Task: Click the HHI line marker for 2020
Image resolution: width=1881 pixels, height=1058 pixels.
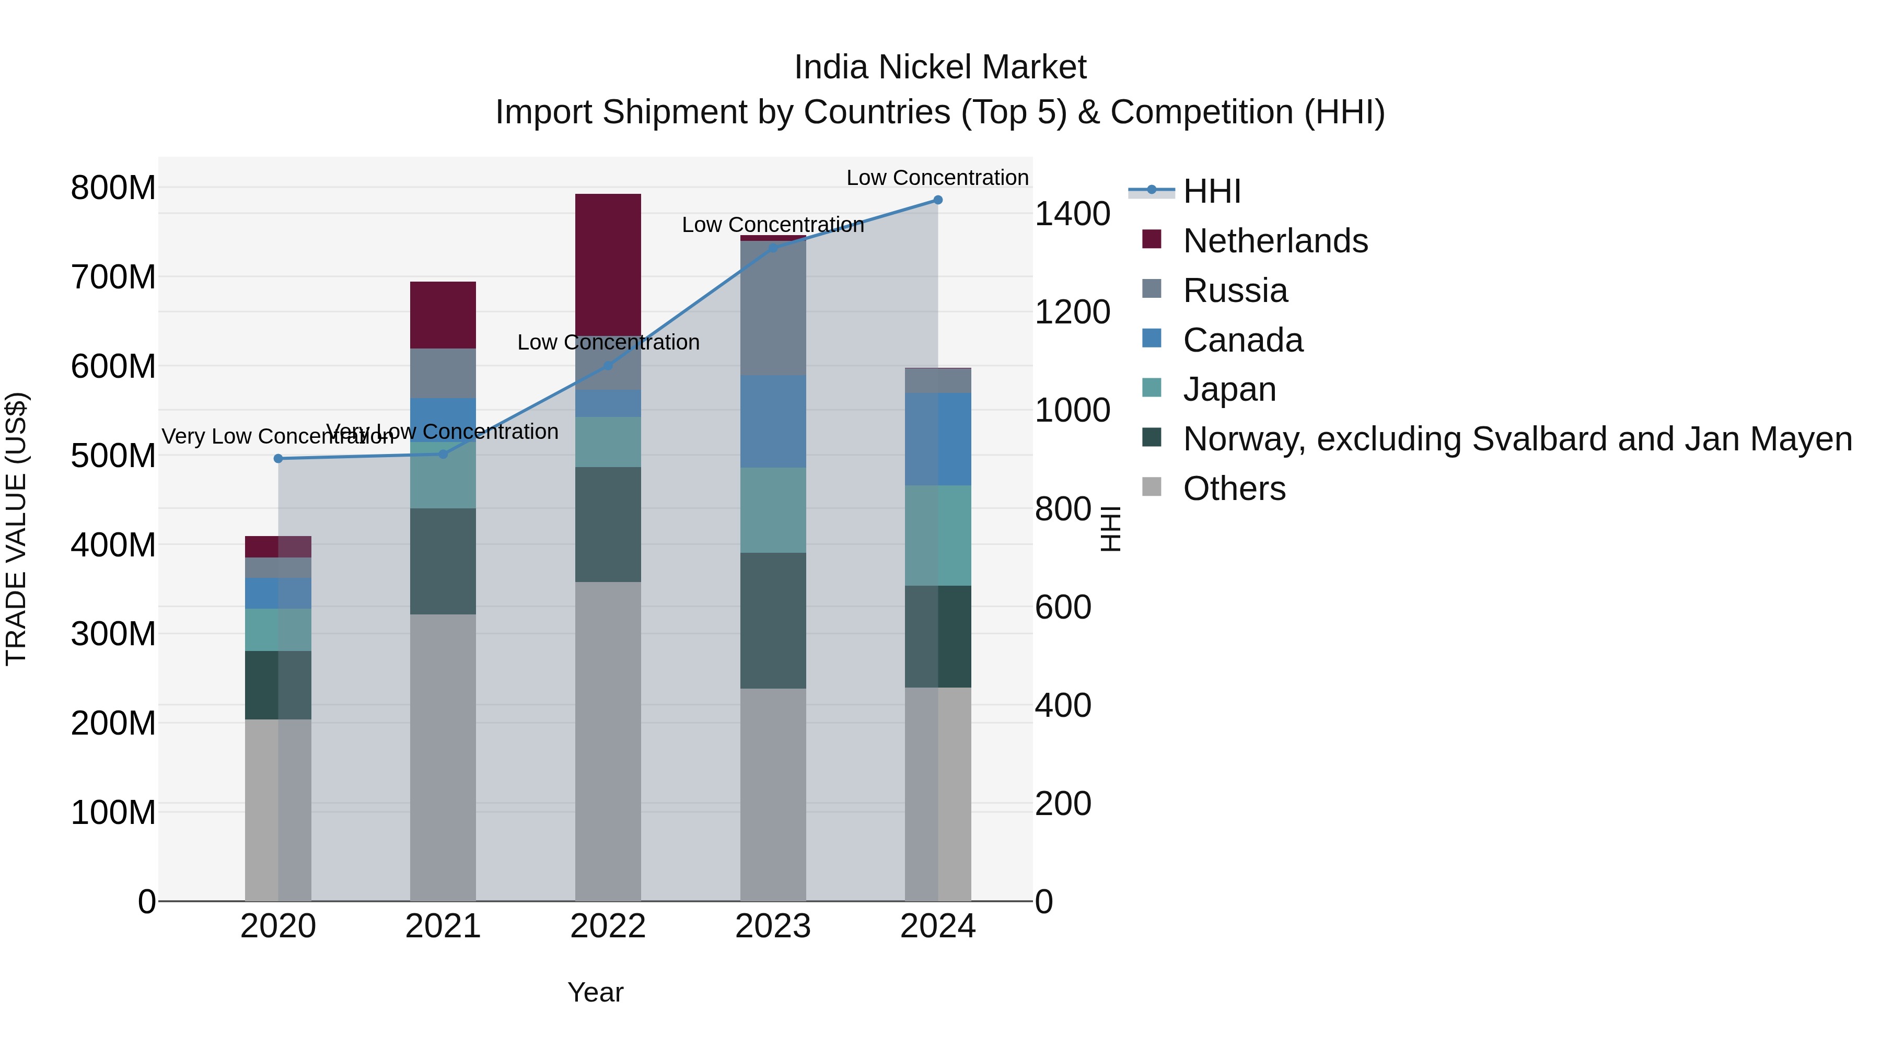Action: [x=278, y=459]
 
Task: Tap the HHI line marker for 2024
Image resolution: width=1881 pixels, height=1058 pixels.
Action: [x=938, y=200]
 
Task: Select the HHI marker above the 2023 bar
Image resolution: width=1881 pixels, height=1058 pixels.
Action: [x=773, y=248]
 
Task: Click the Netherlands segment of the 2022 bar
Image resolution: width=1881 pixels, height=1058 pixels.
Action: [x=608, y=263]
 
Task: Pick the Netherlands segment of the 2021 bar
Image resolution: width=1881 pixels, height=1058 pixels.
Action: [x=443, y=315]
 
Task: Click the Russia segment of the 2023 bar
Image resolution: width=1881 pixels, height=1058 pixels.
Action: [x=773, y=308]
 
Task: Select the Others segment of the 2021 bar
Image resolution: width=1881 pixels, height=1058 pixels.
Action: [x=443, y=757]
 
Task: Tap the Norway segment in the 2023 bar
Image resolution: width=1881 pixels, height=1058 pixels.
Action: [x=773, y=621]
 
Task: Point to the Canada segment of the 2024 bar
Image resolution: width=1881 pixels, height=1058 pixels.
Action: [x=938, y=439]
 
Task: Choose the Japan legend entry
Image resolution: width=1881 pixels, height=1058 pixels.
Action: [x=1229, y=389]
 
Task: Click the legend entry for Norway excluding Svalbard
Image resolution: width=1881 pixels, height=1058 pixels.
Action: [x=1517, y=439]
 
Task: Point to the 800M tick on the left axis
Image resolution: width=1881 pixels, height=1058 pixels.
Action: [x=113, y=188]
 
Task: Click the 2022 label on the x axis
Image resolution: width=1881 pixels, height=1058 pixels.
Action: [x=608, y=926]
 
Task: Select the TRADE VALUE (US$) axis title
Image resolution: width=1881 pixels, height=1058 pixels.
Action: [x=16, y=529]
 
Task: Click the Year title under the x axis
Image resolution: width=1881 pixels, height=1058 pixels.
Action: [x=595, y=992]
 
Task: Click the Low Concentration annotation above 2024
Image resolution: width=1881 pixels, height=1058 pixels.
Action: [x=937, y=178]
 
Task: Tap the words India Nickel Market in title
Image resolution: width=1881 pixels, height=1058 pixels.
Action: [x=940, y=67]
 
